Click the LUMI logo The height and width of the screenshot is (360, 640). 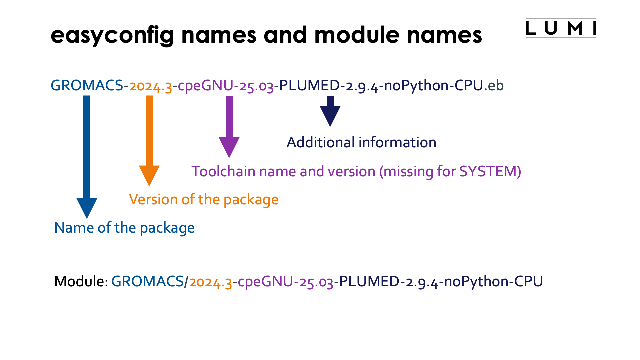[561, 28]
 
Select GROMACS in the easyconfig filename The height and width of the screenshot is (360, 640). [87, 86]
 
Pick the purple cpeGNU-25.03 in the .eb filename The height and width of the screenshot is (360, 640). [226, 86]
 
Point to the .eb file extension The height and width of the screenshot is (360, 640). [494, 86]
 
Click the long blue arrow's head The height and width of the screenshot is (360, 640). [87, 207]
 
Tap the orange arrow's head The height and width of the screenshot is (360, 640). [149, 175]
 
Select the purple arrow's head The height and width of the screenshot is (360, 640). [229, 146]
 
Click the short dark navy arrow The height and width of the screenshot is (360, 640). [330, 112]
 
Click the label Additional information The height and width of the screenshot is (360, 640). [361, 143]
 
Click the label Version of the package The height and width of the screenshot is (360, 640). [203, 200]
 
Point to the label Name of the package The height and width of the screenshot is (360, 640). [124, 228]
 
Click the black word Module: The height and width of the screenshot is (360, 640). [81, 282]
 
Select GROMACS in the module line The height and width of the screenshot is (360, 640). [147, 282]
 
